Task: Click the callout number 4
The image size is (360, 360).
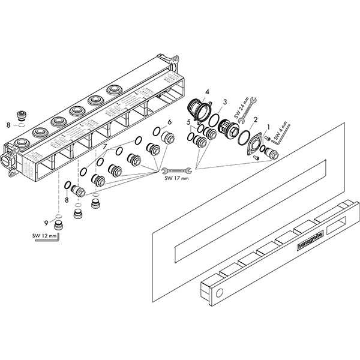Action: coord(206,92)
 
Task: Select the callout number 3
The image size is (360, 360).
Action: coord(225,103)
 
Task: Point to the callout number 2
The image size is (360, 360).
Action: coord(256,119)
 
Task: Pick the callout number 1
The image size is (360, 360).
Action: coord(268,127)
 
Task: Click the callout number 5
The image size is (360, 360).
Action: coord(189,122)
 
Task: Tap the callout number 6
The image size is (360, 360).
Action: coord(170,122)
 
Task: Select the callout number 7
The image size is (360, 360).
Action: coord(105,147)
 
